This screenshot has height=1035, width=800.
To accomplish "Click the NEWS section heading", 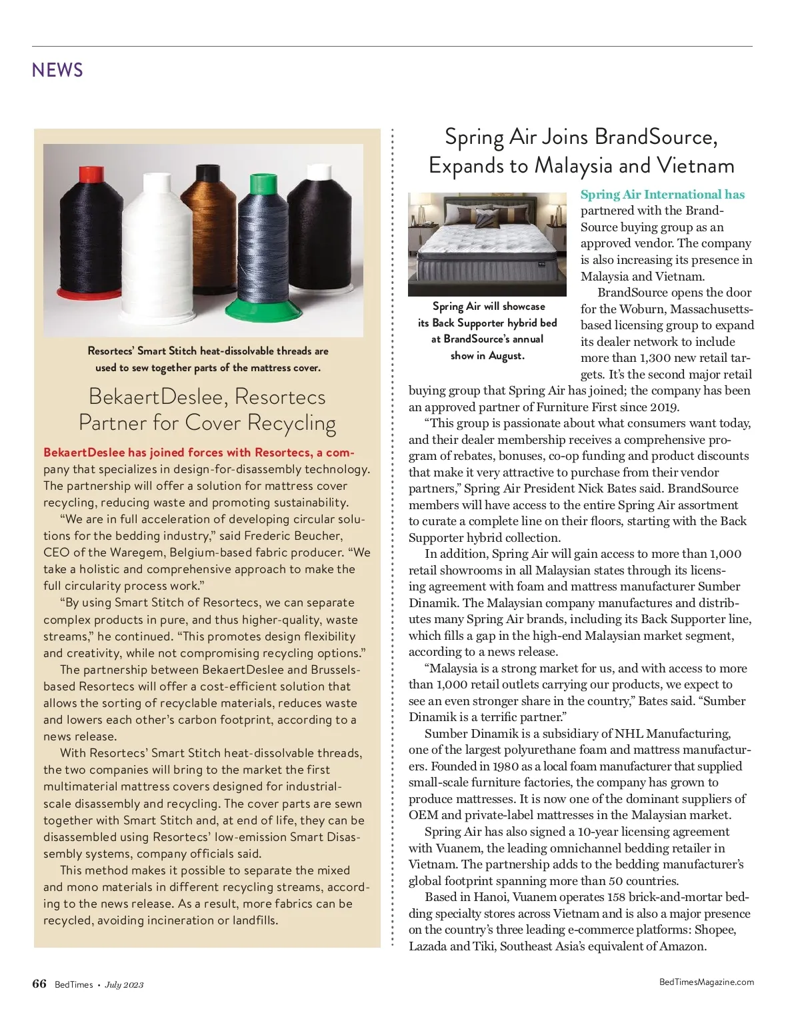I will pyautogui.click(x=57, y=70).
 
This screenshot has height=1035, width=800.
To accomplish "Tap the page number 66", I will pyautogui.click(x=39, y=984).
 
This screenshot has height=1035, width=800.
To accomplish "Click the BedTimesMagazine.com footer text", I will pyautogui.click(x=706, y=982).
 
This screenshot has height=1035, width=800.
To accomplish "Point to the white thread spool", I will pyautogui.click(x=157, y=240).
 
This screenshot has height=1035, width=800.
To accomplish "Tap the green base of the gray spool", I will pyautogui.click(x=261, y=308).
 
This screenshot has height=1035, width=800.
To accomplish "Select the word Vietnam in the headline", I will pyautogui.click(x=695, y=165).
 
